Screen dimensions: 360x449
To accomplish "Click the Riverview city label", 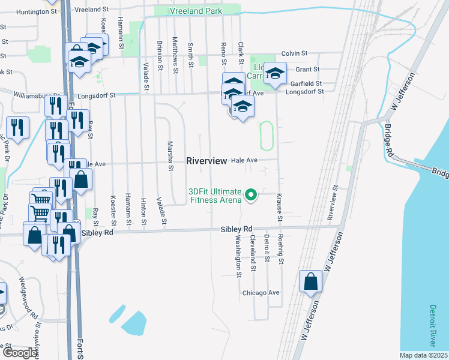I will point(206,161).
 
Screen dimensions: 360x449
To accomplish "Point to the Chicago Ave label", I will point(261,293).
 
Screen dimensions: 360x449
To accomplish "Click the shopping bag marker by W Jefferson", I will point(310,281).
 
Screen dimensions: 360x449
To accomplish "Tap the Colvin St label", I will point(294,53).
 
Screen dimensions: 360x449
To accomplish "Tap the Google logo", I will point(19,353).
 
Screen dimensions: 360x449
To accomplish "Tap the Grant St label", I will point(310,70).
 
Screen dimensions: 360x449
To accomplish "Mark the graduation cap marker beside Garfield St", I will point(275,74).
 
